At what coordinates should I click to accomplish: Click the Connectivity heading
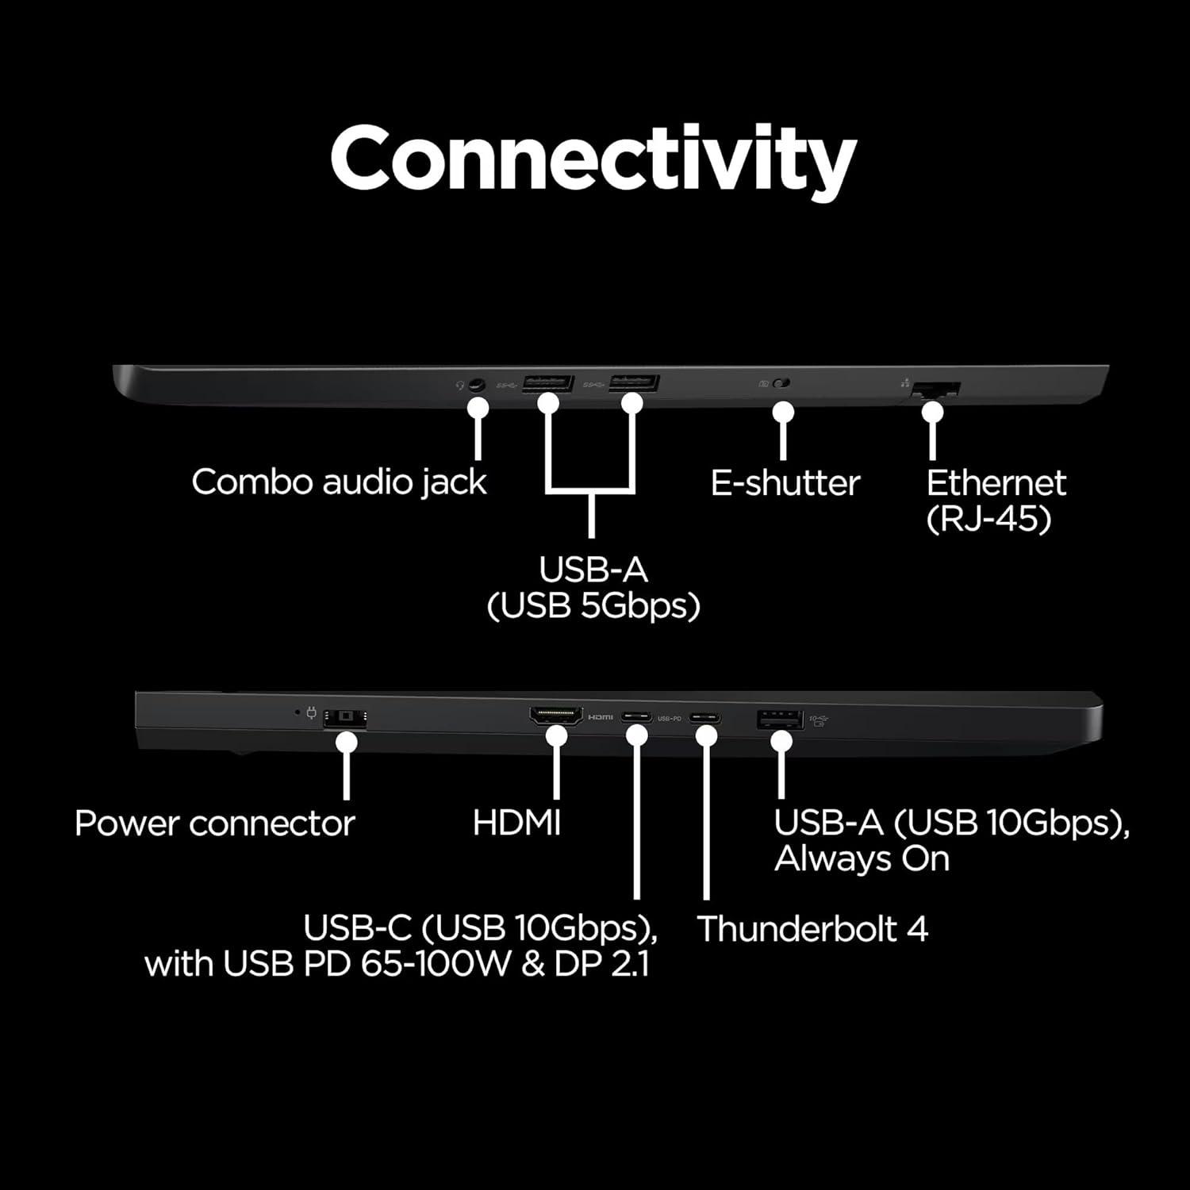593,159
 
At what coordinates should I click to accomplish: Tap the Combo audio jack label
339,482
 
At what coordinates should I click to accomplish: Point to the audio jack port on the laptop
476,385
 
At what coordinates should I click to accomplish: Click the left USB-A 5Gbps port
548,383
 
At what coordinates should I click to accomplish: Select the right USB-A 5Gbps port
634,383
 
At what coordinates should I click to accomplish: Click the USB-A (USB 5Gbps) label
593,588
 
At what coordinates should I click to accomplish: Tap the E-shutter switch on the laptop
782,384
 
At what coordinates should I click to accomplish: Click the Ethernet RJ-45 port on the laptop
936,390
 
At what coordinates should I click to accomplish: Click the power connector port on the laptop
346,717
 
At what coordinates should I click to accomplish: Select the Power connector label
214,823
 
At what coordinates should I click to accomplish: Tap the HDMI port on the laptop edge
556,716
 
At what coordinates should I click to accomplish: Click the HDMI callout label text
516,823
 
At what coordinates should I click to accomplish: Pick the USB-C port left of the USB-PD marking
636,718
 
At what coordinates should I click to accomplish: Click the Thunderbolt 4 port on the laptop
705,718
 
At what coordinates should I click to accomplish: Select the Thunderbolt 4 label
812,929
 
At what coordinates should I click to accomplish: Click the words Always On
862,859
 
